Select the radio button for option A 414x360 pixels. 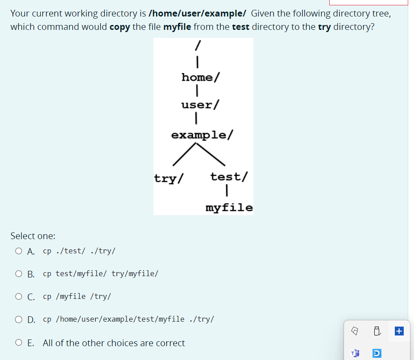coord(18,251)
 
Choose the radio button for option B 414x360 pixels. coord(18,273)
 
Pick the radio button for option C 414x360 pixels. coord(18,296)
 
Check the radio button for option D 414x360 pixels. coord(18,319)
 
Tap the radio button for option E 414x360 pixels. coord(18,343)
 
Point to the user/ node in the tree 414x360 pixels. coord(200,105)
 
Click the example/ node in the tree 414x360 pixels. coord(202,135)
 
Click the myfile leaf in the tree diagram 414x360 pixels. coord(229,208)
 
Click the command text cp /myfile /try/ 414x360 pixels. coord(77,296)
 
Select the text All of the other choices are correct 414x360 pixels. coord(114,343)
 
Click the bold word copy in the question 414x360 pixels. coord(120,27)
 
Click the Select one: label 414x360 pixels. coord(33,236)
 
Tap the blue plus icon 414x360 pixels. coord(399,331)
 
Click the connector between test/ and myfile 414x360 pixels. coord(228,190)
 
